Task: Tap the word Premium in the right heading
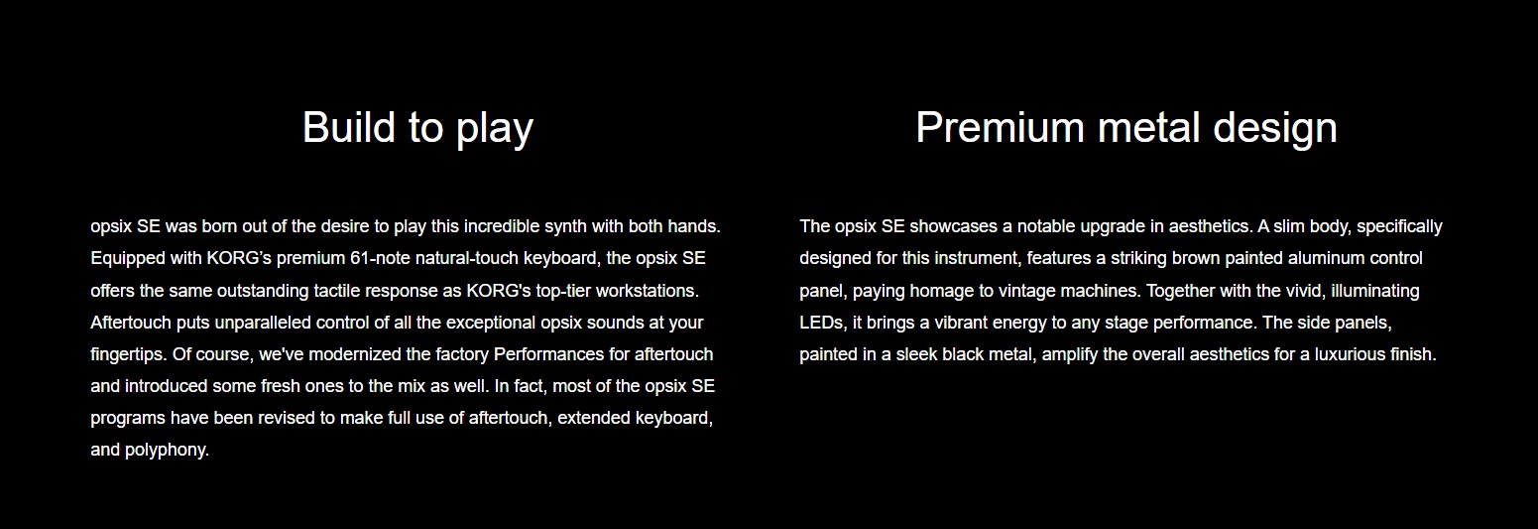tap(1000, 127)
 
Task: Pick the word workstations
tap(647, 291)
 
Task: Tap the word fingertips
tap(128, 355)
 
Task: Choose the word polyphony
tap(167, 451)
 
